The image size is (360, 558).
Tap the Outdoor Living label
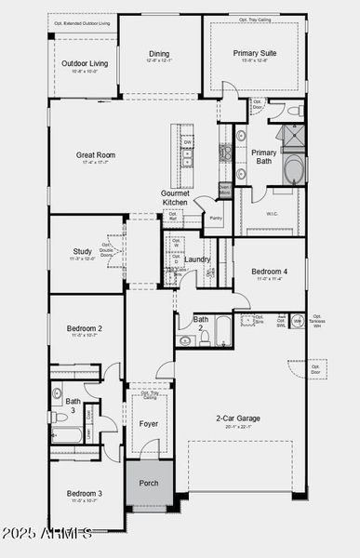tap(85, 63)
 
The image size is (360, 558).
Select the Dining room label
tap(159, 54)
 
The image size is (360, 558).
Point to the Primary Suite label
tap(254, 54)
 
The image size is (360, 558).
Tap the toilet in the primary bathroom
tap(294, 111)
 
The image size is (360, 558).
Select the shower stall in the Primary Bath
tap(293, 138)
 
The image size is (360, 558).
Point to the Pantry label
tap(216, 219)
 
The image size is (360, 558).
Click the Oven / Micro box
tap(224, 190)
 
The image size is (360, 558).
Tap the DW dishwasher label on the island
tap(187, 142)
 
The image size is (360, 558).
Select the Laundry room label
tap(197, 260)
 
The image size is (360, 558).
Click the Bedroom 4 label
tap(269, 272)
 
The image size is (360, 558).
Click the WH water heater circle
tap(297, 321)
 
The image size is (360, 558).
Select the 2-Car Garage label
tap(238, 418)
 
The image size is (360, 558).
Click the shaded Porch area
tap(149, 483)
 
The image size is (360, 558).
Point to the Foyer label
tap(149, 424)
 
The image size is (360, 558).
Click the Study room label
tap(82, 251)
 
